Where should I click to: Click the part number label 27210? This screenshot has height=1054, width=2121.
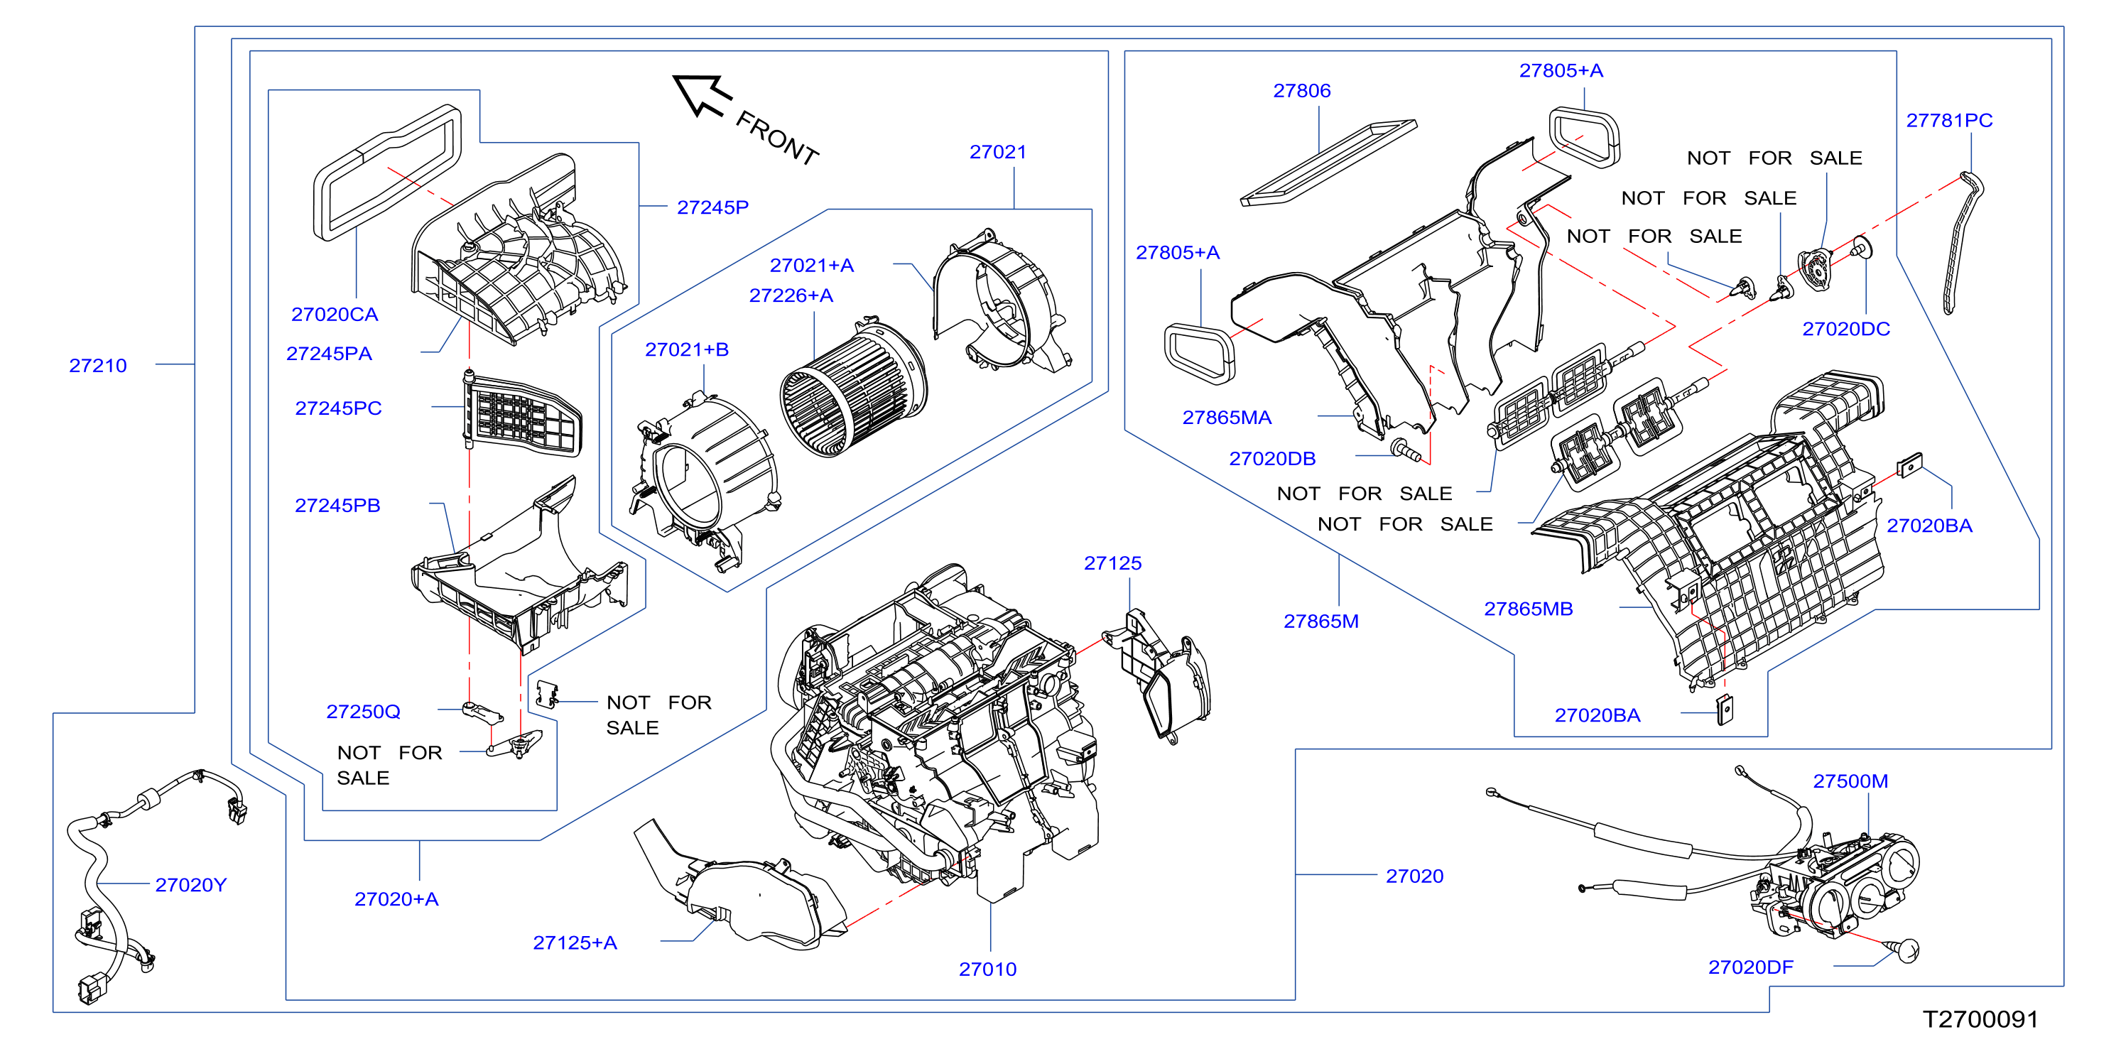[x=98, y=366]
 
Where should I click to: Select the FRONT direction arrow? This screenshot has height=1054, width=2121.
[x=703, y=94]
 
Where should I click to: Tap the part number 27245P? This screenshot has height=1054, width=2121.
[x=712, y=207]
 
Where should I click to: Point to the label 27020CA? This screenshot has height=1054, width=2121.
[x=335, y=315]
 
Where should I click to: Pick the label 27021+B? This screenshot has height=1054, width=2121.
[x=687, y=350]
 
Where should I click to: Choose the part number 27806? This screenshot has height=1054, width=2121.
[x=1302, y=91]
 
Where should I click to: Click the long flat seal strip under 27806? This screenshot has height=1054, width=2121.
[x=1329, y=163]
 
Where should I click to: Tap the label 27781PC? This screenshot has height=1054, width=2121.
[x=1949, y=120]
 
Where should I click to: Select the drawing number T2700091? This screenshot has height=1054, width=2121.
[x=1980, y=1019]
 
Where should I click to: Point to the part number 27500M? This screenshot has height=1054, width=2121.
[x=1850, y=781]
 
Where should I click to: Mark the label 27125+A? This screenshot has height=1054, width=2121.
[x=575, y=942]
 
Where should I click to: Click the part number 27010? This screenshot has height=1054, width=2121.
[x=987, y=969]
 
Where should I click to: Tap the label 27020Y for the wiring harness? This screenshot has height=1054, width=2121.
[x=190, y=885]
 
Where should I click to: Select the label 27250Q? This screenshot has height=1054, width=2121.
[x=363, y=712]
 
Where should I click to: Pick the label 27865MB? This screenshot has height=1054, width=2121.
[x=1528, y=609]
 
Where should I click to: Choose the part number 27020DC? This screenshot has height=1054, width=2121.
[x=1846, y=330]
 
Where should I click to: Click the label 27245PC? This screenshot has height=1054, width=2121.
[x=338, y=408]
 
